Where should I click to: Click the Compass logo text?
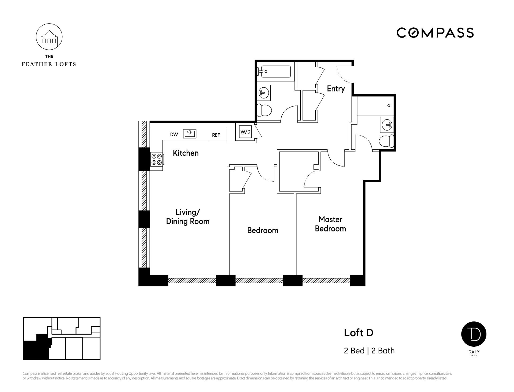[x=435, y=33]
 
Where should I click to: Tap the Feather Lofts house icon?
[x=49, y=37]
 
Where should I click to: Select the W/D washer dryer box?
[x=245, y=132]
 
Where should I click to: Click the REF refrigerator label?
[x=216, y=135]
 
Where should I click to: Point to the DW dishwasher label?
[x=174, y=135]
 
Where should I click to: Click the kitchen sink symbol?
[x=190, y=134]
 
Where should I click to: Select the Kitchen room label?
[x=186, y=153]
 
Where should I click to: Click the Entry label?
[x=336, y=89]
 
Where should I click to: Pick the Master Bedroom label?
[x=330, y=224]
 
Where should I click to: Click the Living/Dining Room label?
[x=188, y=217]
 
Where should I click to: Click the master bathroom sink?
[x=387, y=125]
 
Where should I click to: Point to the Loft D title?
[x=358, y=333]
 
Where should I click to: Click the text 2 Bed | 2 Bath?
[x=369, y=351]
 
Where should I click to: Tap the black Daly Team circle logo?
[x=474, y=334]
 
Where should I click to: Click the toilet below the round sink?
[x=264, y=110]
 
